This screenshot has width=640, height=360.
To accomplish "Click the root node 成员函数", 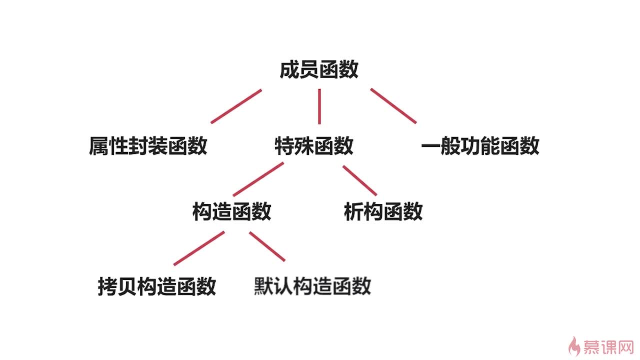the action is point(319,70).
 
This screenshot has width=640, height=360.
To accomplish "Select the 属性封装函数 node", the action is point(148,146).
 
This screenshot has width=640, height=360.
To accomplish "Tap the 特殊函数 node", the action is point(314,146).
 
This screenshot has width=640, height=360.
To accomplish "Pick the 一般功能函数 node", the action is point(480,146).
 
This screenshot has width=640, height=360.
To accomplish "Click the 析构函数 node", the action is point(383,211).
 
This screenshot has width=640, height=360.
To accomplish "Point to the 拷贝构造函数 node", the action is point(157,286).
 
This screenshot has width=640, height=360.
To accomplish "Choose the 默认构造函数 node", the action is point(312,286).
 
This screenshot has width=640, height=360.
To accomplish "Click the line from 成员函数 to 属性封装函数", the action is point(236,106).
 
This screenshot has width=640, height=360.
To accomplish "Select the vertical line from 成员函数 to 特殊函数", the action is point(319,106).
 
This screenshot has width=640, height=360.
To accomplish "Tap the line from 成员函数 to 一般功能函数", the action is point(393,105).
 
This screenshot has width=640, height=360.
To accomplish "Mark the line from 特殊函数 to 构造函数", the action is point(258,179).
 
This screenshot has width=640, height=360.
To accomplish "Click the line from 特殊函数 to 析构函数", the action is point(360,180).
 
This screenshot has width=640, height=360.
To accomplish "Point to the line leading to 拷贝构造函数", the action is point(199,248).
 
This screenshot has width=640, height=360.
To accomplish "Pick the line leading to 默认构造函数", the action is point(267,246).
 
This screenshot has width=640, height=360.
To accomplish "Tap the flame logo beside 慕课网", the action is point(575,345).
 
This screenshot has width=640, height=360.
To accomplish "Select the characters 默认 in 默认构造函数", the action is point(273,286).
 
